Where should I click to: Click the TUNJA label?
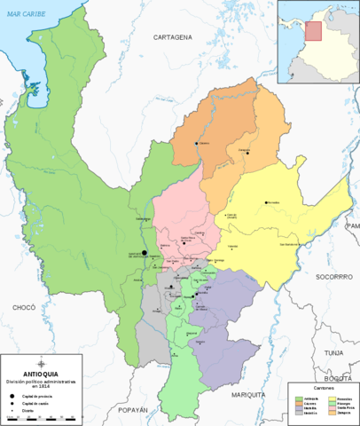[x=333, y=352]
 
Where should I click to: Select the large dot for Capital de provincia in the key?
[x=12, y=394]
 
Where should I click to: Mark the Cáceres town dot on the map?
[x=196, y=144]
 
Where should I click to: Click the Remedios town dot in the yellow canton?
[x=265, y=202]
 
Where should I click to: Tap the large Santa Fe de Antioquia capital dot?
[x=145, y=253]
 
